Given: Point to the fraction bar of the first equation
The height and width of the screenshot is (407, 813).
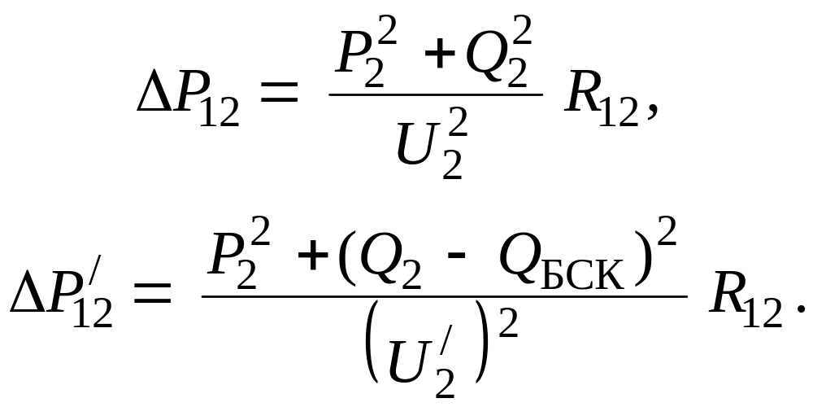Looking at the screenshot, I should (435, 94).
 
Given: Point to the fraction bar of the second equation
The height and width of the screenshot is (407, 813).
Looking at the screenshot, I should (444, 295).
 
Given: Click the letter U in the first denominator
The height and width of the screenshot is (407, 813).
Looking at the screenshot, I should (424, 139).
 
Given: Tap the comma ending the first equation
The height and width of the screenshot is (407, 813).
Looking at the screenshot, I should (648, 119).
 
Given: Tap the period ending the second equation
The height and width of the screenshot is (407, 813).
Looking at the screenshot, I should (798, 313).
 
